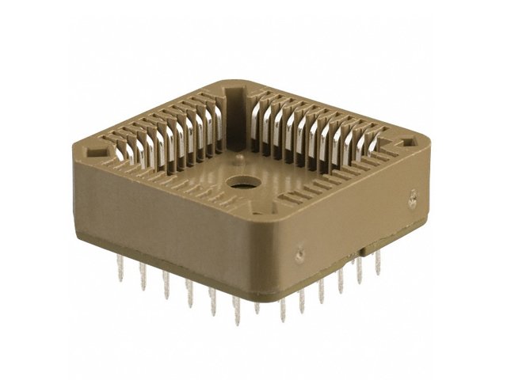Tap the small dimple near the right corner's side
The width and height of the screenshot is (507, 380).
[412, 199]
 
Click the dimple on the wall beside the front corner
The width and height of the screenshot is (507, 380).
[299, 254]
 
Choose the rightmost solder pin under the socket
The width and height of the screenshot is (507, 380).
[378, 264]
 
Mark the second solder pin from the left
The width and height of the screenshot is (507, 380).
[143, 278]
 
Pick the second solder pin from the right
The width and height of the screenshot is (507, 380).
[360, 271]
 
